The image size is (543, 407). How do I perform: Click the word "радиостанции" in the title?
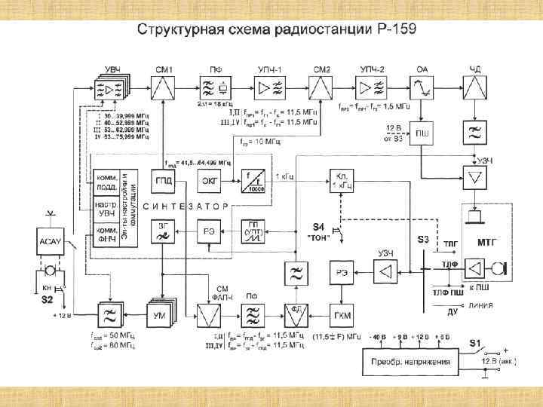pyautogui.click(x=306, y=31)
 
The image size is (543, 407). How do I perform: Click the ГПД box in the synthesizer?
pyautogui.click(x=164, y=181)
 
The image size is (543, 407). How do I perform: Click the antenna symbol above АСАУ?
pyautogui.click(x=50, y=215)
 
